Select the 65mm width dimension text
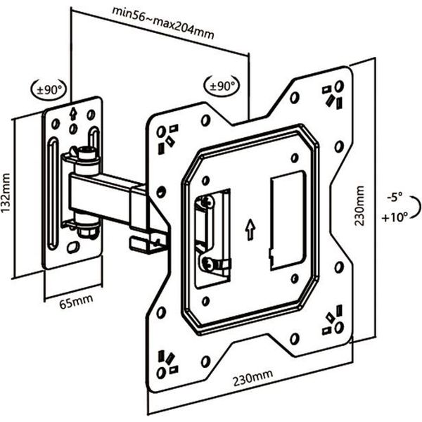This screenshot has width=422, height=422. pos(75,303)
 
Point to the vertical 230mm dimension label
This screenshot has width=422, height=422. pos(360,205)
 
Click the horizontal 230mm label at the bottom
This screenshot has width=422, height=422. pos(252,379)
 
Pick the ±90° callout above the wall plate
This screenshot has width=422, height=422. pos(50,90)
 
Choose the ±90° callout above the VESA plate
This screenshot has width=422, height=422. pos(222,86)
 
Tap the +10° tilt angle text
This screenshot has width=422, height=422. pos(395,218)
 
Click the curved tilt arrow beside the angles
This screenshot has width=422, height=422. pos(416,208)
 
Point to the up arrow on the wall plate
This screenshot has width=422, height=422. pos(73,113)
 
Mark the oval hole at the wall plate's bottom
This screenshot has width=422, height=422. pos(72,248)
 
